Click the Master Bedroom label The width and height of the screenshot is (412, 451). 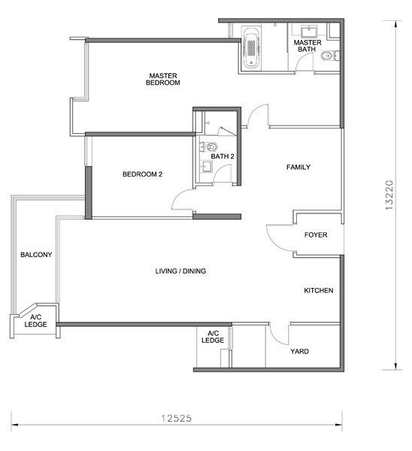click(163, 79)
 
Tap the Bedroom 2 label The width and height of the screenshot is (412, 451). click(142, 174)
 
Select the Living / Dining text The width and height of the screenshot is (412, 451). click(180, 271)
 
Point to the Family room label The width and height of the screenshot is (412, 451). click(298, 167)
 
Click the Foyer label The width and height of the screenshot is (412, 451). click(316, 235)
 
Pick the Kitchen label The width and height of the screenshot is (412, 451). click(319, 290)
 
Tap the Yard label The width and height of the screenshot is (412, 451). click(299, 351)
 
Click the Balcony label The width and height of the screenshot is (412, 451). click(36, 255)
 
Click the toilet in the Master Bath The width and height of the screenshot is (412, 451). click(330, 56)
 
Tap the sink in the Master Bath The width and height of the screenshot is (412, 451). click(309, 31)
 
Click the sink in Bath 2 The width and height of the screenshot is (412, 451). click(206, 167)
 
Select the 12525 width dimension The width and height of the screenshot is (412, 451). click(177, 418)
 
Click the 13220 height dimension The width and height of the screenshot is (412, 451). click(389, 195)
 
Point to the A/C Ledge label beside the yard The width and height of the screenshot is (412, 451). click(213, 337)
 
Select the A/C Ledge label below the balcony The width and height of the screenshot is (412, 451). click(35, 321)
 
